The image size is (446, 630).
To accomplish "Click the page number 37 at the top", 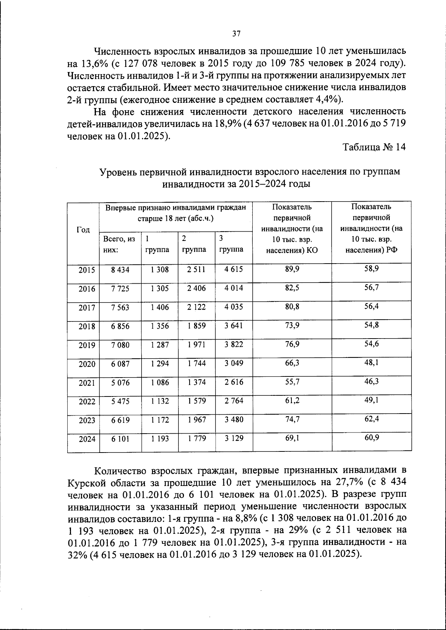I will [x=236, y=34].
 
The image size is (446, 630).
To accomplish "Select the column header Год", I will [x=83, y=230].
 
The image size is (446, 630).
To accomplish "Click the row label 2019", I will [x=87, y=345].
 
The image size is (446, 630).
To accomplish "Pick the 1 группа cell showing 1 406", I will [x=160, y=307].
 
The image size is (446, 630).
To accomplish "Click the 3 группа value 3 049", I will [x=234, y=363].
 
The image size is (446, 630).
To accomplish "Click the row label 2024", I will [x=87, y=439].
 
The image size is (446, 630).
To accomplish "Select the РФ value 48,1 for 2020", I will [x=371, y=362].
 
